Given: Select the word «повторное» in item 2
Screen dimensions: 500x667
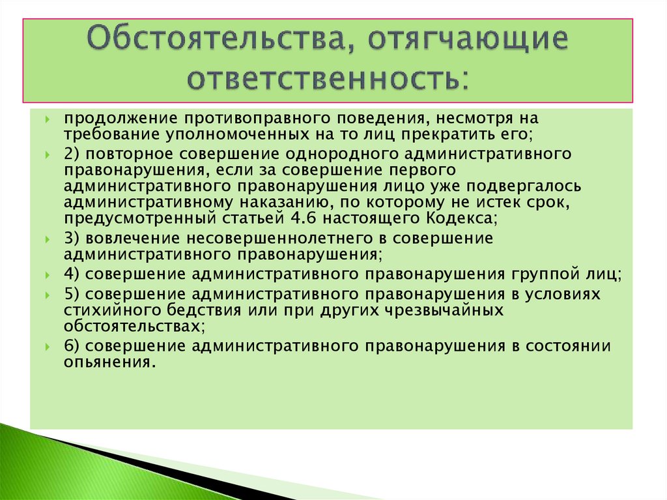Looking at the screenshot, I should [x=149, y=154].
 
